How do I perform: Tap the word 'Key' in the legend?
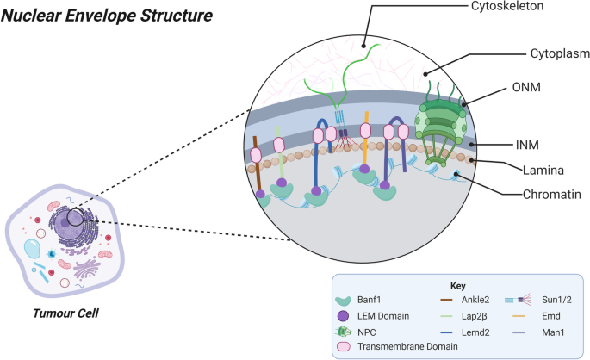click(458, 285)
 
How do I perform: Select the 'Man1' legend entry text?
click(552, 332)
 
